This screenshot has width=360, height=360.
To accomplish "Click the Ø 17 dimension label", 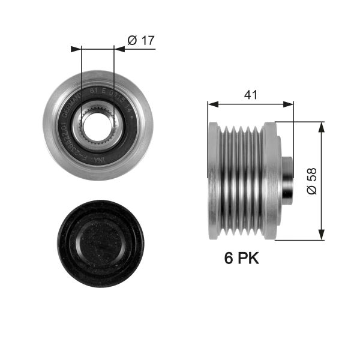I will [141, 41].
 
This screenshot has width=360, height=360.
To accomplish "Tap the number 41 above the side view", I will [251, 94].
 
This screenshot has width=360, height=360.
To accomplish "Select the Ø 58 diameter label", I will [311, 180].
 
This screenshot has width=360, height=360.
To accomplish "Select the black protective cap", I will [100, 242].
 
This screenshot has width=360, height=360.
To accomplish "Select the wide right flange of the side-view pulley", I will [272, 181].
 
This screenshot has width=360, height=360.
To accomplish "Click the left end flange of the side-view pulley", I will [213, 181].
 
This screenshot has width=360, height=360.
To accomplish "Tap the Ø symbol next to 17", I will [132, 41].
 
